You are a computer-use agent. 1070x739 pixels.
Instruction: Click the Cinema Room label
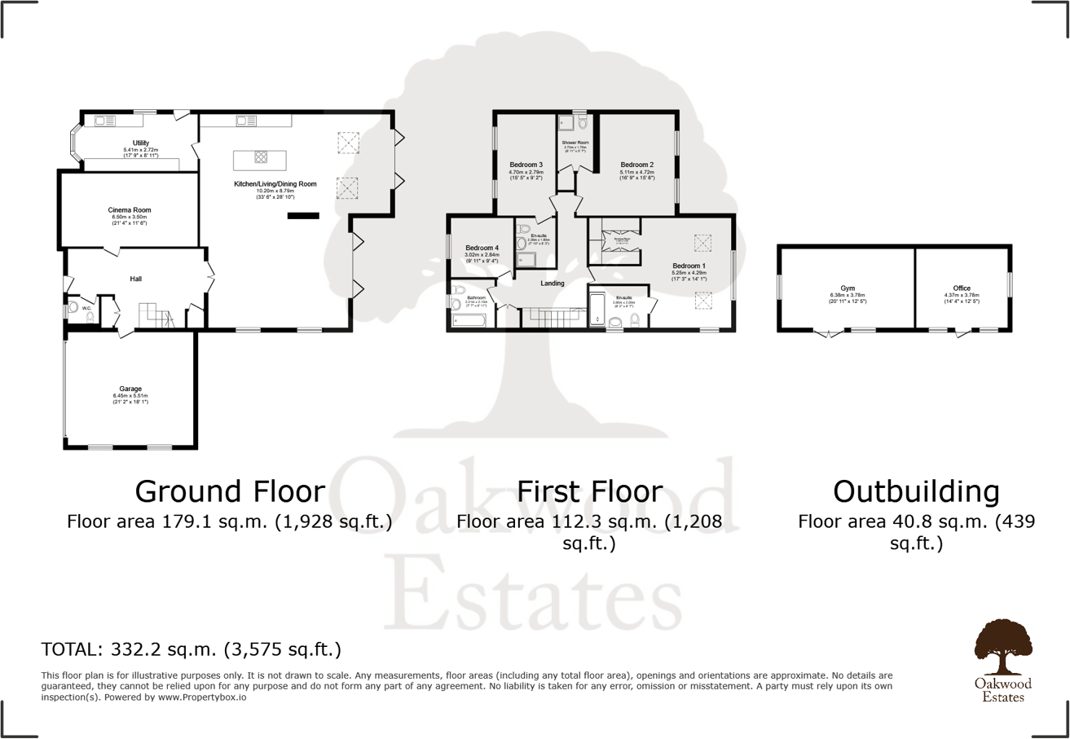(x=130, y=210)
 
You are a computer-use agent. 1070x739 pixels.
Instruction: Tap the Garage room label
(x=130, y=389)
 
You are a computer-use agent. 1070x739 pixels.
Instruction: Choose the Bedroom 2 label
(x=636, y=165)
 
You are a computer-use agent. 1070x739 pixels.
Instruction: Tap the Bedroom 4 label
(x=482, y=248)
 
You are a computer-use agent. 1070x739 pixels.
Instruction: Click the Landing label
(x=553, y=284)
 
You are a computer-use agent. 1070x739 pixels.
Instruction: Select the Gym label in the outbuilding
(x=846, y=288)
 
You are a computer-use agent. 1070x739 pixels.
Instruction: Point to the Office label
(x=962, y=288)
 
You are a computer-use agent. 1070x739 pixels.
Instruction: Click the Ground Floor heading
(x=230, y=491)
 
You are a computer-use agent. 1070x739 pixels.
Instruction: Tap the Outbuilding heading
(x=916, y=491)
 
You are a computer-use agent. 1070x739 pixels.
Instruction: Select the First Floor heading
(x=590, y=491)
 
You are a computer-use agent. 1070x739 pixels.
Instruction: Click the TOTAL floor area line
(x=191, y=649)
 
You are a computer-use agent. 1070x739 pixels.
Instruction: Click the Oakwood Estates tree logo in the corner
(x=1002, y=640)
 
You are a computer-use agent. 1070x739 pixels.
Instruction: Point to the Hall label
(x=137, y=279)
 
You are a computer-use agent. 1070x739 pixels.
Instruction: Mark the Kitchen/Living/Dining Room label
(x=275, y=184)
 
